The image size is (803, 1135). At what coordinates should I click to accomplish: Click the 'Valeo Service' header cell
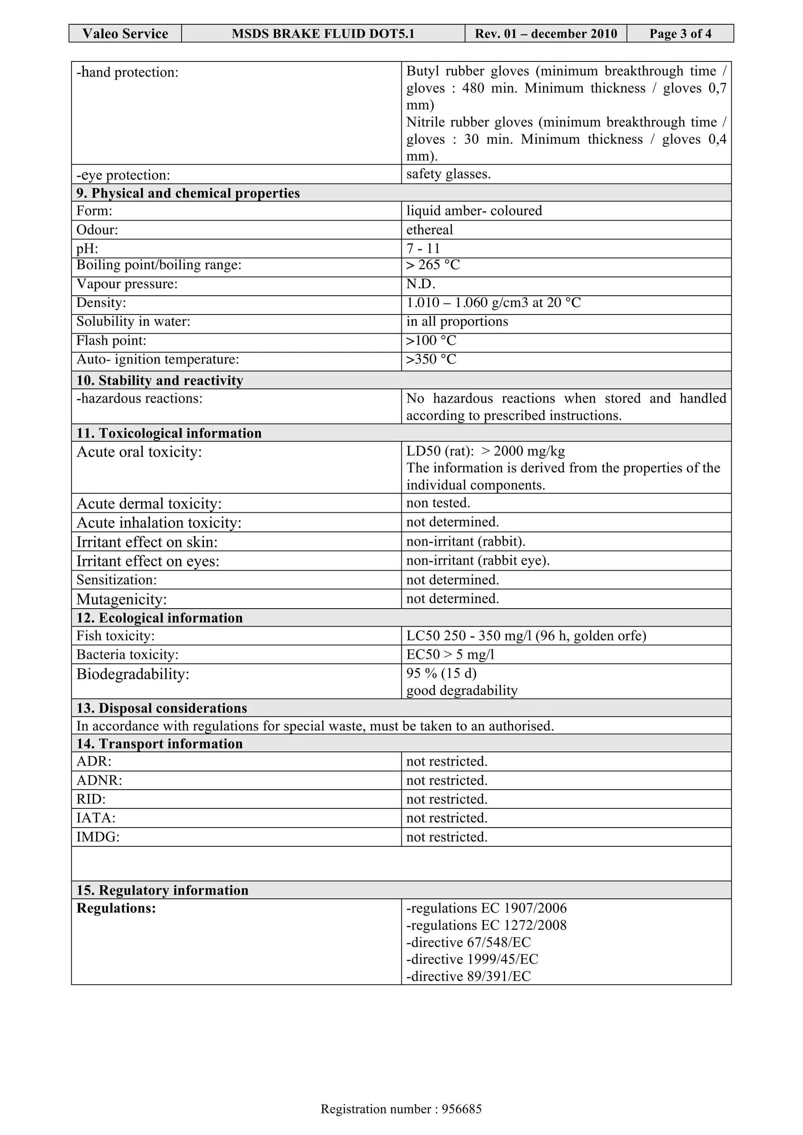(x=125, y=34)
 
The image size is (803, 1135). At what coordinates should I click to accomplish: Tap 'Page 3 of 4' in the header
(x=680, y=34)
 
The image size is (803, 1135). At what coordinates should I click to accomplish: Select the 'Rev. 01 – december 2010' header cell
(x=546, y=34)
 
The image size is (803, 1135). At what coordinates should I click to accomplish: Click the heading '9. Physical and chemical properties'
(x=188, y=193)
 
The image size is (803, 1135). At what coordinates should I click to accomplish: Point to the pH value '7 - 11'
(x=423, y=248)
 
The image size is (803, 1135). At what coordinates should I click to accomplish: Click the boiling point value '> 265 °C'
(x=433, y=265)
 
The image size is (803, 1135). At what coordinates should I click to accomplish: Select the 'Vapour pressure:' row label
(x=127, y=284)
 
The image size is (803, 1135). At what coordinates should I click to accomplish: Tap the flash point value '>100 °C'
(x=431, y=341)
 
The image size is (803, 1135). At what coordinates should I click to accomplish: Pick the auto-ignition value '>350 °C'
(x=431, y=360)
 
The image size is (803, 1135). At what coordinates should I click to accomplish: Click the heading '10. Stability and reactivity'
(x=160, y=381)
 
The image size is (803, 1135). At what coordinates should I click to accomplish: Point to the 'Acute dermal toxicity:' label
(x=149, y=504)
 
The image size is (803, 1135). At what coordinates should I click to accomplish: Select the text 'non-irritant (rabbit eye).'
(x=478, y=560)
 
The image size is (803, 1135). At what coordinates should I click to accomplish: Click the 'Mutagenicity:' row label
(x=121, y=600)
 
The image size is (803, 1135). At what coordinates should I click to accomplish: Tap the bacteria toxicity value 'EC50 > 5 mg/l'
(x=450, y=654)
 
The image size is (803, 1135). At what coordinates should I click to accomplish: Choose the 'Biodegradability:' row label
(x=133, y=674)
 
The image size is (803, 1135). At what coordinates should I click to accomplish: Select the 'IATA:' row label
(x=96, y=818)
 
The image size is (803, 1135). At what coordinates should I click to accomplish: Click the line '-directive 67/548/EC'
(x=468, y=942)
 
